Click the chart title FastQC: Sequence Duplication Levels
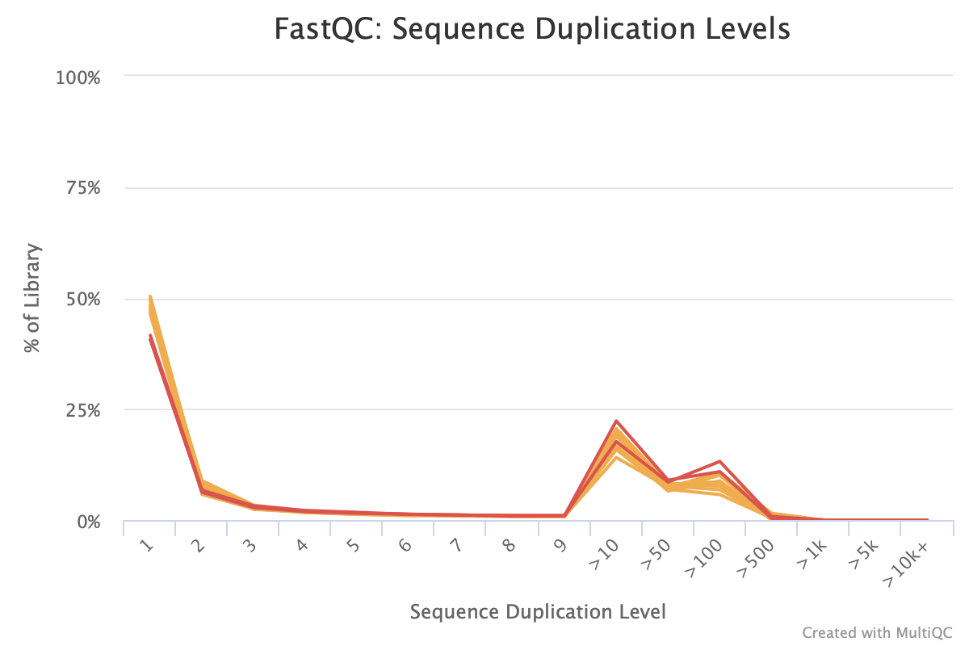tap(531, 30)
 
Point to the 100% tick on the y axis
tap(78, 78)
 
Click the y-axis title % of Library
tap(32, 299)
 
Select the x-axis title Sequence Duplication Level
tap(538, 611)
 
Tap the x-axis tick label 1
tap(146, 546)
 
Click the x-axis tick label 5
tap(352, 546)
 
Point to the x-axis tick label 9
tap(559, 546)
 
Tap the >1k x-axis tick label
tap(811, 552)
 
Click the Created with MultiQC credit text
tap(878, 631)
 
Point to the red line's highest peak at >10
tap(616, 421)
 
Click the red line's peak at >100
tap(719, 461)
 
